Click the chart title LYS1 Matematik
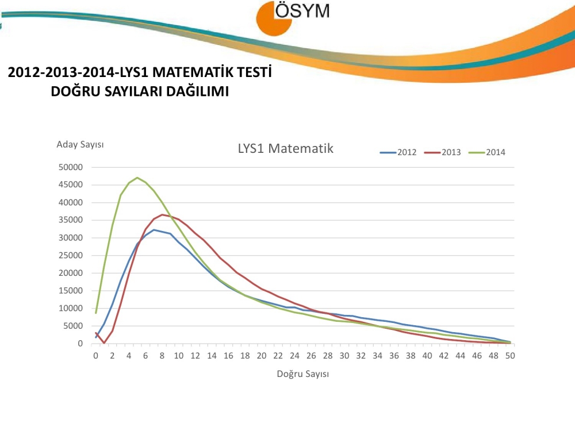pyautogui.click(x=286, y=148)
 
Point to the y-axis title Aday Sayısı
pyautogui.click(x=80, y=144)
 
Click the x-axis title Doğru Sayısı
pyautogui.click(x=302, y=374)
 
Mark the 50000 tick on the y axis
pyautogui.click(x=72, y=167)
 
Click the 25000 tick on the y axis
pyautogui.click(x=72, y=256)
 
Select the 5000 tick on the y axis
pyautogui.click(x=75, y=326)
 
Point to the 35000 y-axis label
pyautogui.click(x=72, y=220)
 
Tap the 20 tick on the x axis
pyautogui.click(x=261, y=356)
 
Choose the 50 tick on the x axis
pyautogui.click(x=509, y=356)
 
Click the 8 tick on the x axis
pyautogui.click(x=162, y=356)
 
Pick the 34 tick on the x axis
pyautogui.click(x=377, y=356)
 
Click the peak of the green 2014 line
pyautogui.click(x=137, y=178)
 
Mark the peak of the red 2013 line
pyautogui.click(x=162, y=214)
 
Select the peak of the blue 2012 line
pyautogui.click(x=154, y=229)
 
